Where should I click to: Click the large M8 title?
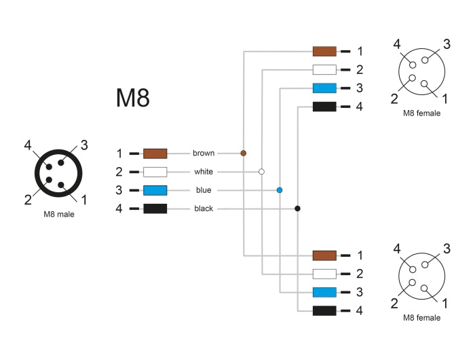[x=133, y=98]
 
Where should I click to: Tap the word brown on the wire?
[x=204, y=153]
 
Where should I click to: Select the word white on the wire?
[x=204, y=172]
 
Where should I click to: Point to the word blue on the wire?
[x=204, y=190]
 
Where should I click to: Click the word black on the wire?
[x=204, y=209]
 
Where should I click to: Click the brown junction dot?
[x=243, y=153]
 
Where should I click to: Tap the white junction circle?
[x=261, y=172]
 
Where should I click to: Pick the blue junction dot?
[x=280, y=190]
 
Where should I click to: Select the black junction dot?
[x=297, y=209]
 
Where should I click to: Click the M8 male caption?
[x=59, y=215]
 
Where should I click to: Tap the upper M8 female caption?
[x=421, y=113]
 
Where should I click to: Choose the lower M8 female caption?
[x=421, y=317]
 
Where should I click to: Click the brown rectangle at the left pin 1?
[x=155, y=154]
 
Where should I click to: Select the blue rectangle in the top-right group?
[x=324, y=88]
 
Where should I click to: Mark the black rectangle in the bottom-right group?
[x=324, y=310]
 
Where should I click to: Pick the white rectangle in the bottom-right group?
[x=324, y=274]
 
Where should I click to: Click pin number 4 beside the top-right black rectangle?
[x=359, y=107]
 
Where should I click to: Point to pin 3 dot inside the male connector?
[x=61, y=163]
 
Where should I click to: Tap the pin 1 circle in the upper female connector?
[x=424, y=84]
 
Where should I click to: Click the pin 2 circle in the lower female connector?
[x=412, y=283]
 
